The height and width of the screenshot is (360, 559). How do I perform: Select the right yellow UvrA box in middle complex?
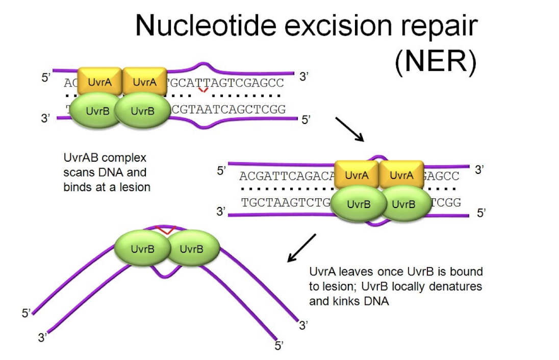[x=401, y=175]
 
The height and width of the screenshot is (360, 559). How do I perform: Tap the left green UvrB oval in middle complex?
[x=358, y=204]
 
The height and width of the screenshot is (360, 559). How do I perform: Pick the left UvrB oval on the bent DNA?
[x=142, y=249]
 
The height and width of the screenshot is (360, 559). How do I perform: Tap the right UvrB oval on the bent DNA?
[x=192, y=249]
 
